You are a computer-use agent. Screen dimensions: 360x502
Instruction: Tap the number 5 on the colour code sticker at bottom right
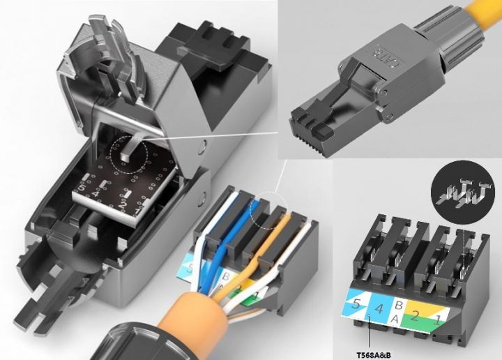point(356,303)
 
